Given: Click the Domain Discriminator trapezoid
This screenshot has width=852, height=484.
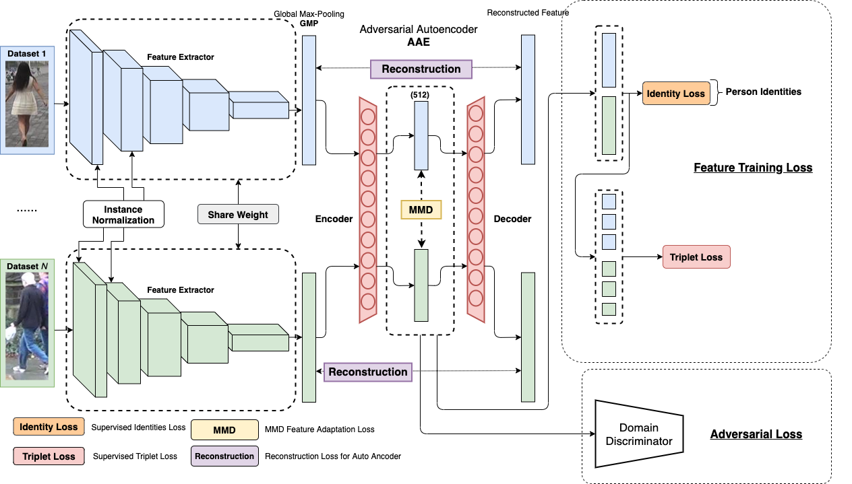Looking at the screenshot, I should tap(638, 434).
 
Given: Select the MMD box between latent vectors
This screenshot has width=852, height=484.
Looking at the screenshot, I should tap(421, 209).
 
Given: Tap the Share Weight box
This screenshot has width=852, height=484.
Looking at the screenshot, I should tap(238, 215).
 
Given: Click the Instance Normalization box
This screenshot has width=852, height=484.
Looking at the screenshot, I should tap(123, 215).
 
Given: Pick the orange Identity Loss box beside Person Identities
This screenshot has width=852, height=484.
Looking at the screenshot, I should tap(675, 94).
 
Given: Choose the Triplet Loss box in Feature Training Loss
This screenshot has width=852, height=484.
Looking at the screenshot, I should tap(696, 257).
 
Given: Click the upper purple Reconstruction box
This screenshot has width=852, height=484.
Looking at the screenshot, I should tap(421, 69).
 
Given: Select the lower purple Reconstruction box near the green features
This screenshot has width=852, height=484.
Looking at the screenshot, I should tap(368, 372).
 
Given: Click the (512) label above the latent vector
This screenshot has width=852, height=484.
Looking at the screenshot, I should tap(420, 95).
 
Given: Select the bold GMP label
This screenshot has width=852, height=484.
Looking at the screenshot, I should tap(309, 23).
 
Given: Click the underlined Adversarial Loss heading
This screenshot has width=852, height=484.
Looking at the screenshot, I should tap(756, 434).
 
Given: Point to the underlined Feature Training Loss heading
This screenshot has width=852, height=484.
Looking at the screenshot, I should tap(753, 168).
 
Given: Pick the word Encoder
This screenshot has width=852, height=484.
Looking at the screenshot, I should tap(334, 219).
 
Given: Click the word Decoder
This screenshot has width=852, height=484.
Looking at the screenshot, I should tap(512, 219).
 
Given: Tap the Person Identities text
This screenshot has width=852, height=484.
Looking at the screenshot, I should tap(763, 92).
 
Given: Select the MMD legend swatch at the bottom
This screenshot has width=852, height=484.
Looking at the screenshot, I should tap(224, 429).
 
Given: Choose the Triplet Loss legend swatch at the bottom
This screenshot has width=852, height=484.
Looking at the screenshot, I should tap(49, 456).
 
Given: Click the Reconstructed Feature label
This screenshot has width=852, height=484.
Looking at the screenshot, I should tap(528, 12).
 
